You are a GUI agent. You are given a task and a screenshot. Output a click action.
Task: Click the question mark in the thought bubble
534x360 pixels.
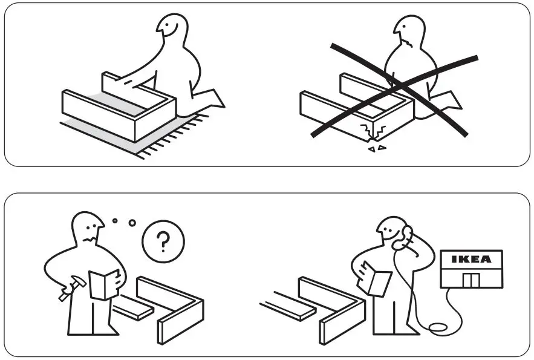pyautogui.click(x=162, y=243)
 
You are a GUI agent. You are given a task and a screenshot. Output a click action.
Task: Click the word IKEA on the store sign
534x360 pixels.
pyautogui.click(x=472, y=259)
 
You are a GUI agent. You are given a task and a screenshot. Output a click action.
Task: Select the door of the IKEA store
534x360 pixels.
pyautogui.click(x=471, y=280)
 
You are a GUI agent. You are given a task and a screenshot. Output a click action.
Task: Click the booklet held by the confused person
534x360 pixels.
pyautogui.click(x=104, y=284)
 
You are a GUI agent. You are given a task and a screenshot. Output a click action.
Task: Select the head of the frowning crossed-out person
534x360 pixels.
pyautogui.click(x=409, y=33)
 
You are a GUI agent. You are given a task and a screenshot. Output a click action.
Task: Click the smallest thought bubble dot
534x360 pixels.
pyautogui.click(x=114, y=220)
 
